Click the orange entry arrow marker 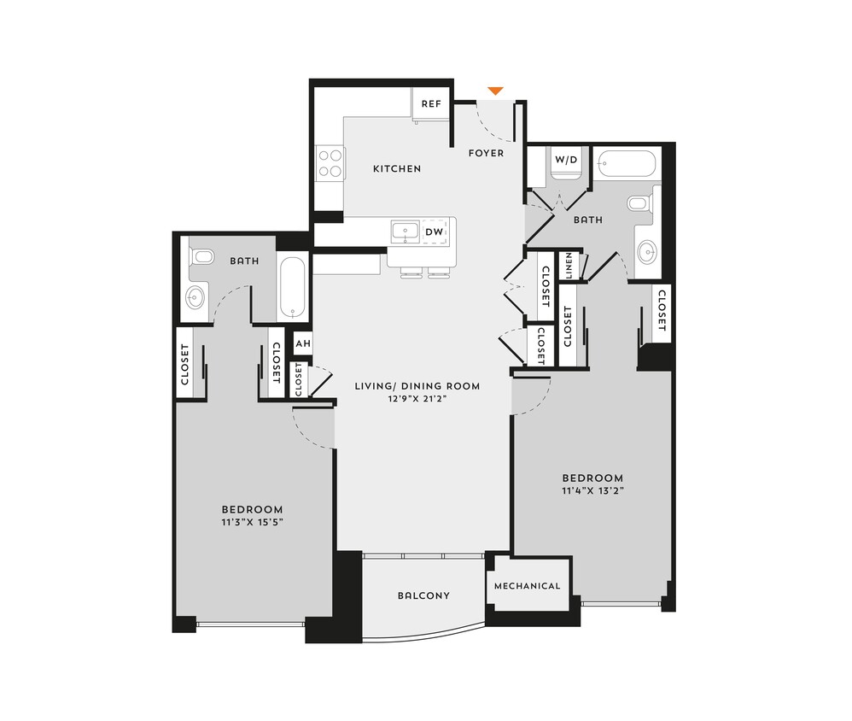pyautogui.click(x=494, y=91)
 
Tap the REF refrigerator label pyautogui.click(x=431, y=104)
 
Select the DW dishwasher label pyautogui.click(x=434, y=232)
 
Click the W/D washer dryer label pyautogui.click(x=565, y=160)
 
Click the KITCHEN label pyautogui.click(x=397, y=169)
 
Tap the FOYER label pyautogui.click(x=486, y=153)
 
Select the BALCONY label pyautogui.click(x=423, y=595)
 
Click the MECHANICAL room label pyautogui.click(x=528, y=586)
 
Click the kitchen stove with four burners pyautogui.click(x=330, y=163)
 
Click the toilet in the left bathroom pyautogui.click(x=201, y=255)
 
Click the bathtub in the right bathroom pyautogui.click(x=627, y=163)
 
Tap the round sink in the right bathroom pyautogui.click(x=649, y=251)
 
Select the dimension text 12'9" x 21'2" pyautogui.click(x=417, y=398)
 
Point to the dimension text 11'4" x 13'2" pyautogui.click(x=592, y=490)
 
